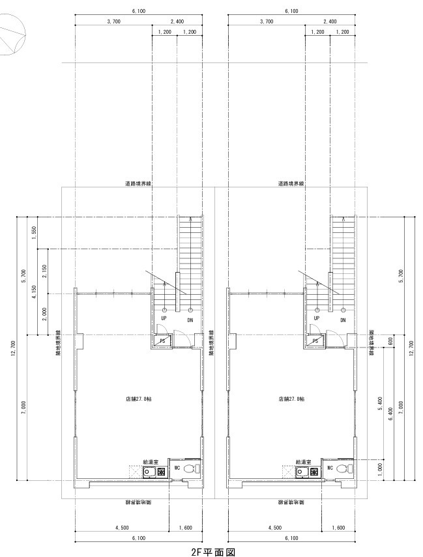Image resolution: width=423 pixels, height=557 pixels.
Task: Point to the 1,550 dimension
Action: tap(33, 232)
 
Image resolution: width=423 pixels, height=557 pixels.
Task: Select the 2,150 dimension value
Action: tap(44, 271)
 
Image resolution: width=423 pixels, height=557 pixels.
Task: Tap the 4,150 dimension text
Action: tap(33, 286)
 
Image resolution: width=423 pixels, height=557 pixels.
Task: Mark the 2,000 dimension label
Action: tap(44, 314)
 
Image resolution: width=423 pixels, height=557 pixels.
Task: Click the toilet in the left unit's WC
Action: tap(189, 469)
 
